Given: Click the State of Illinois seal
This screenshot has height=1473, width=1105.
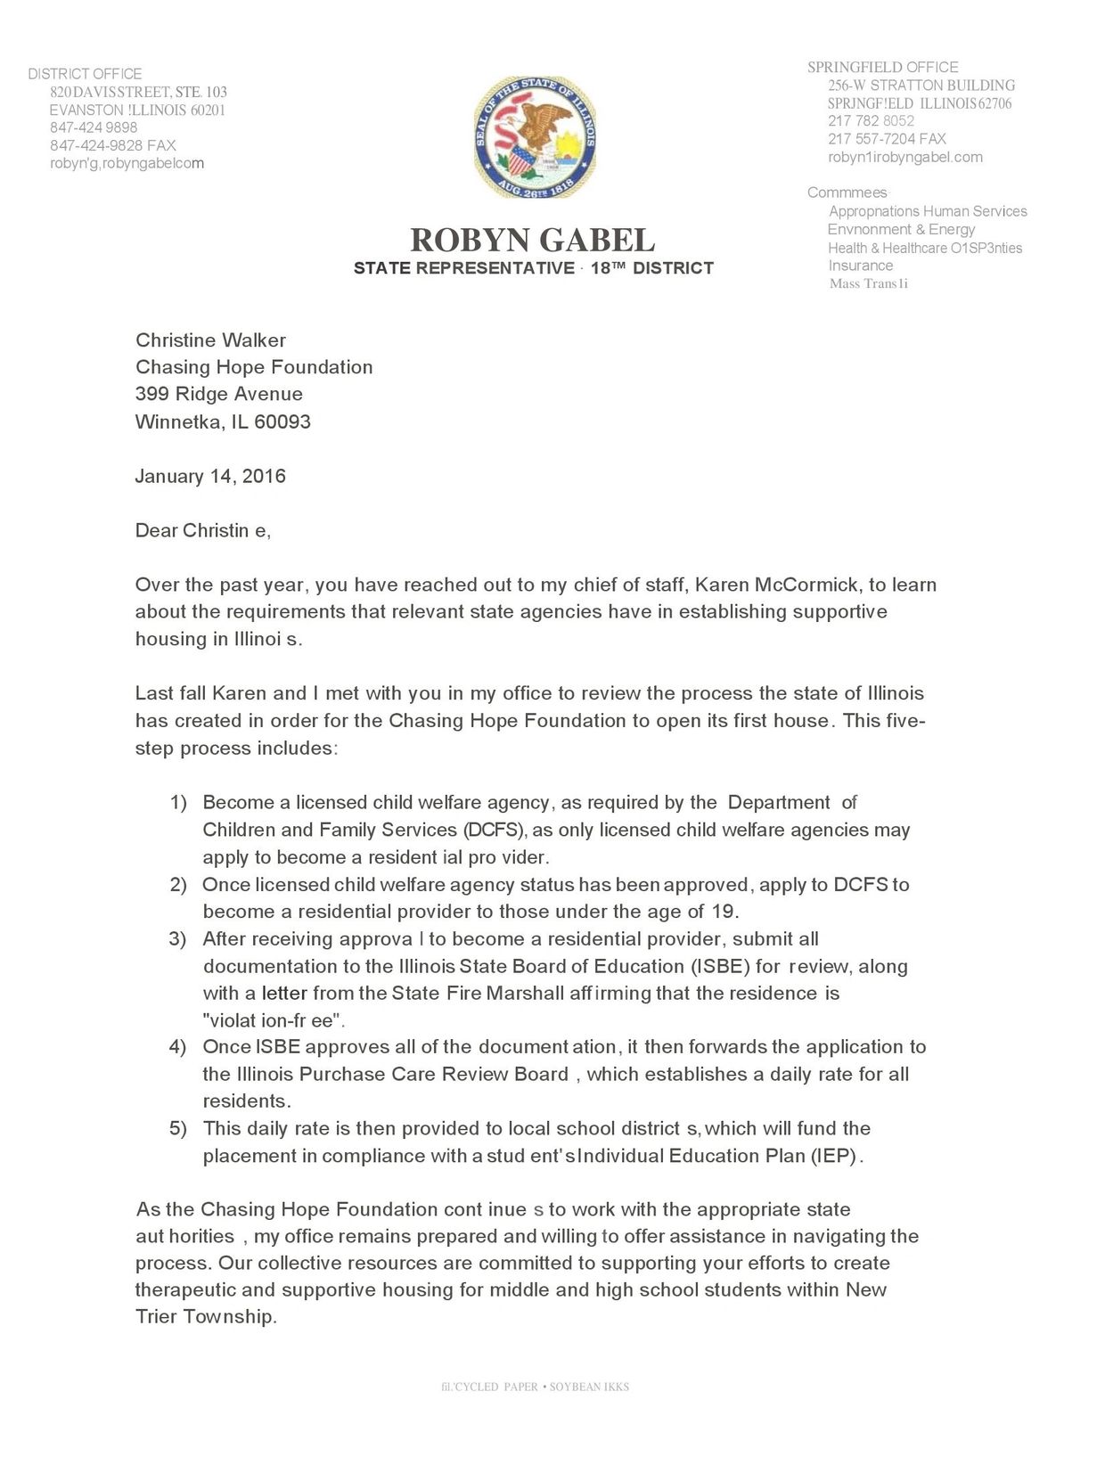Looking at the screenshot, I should (535, 137).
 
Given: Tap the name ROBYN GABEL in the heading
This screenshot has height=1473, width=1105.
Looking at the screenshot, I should (532, 240).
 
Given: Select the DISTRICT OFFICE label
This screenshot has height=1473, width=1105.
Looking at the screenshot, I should (85, 74).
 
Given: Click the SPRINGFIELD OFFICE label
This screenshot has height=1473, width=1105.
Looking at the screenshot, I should (882, 67).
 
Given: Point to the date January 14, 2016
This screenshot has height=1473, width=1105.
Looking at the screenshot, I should (210, 476).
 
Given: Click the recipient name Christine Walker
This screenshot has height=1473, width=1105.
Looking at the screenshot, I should (210, 340).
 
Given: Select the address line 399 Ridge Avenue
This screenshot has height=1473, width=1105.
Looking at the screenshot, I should (218, 394).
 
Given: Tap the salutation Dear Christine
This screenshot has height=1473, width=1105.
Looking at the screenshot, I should (202, 530).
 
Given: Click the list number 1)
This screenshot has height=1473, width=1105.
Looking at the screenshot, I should (178, 803).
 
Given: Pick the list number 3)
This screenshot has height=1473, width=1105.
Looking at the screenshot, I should (178, 939).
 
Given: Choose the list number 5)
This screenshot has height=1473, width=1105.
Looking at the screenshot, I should (178, 1129).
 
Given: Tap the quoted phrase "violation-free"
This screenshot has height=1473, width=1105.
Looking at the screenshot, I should (274, 1020).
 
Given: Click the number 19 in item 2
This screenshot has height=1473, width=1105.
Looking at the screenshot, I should (724, 912).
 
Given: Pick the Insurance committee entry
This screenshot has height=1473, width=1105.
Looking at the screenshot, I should (860, 266).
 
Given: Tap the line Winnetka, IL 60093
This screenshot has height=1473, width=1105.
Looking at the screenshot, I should (223, 421).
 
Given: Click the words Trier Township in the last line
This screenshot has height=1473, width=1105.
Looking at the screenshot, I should (205, 1316).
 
